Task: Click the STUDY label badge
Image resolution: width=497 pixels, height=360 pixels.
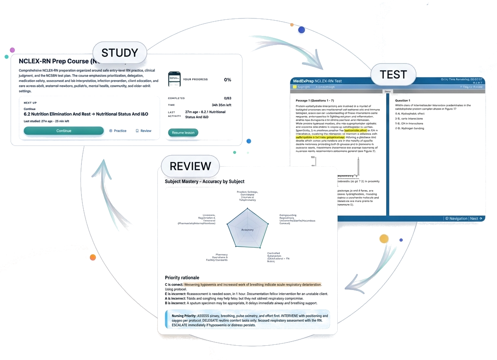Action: coord(120,52)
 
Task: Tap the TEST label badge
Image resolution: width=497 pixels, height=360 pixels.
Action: coord(393,74)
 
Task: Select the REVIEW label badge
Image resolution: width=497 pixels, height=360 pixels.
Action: coord(191,166)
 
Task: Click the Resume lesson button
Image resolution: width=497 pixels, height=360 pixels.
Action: coord(183,132)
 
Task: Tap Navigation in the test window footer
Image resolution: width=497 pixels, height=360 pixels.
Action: coord(456,218)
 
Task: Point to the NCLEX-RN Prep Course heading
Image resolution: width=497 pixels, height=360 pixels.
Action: coord(55,61)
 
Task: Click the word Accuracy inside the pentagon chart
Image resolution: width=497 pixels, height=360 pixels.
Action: coord(247,229)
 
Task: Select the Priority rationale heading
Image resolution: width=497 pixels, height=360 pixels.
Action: coord(182,278)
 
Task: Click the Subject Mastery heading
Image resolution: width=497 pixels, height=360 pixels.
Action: coord(204,181)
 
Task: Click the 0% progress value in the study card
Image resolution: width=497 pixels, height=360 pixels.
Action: coord(227,80)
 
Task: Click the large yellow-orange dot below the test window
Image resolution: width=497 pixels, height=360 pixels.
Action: coord(384,238)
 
